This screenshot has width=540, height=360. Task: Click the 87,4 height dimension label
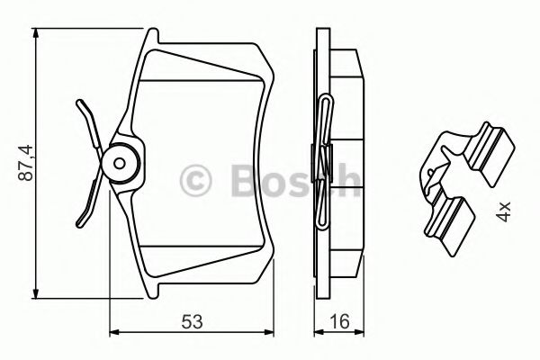(x=26, y=163)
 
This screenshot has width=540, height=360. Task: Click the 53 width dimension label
(x=193, y=322)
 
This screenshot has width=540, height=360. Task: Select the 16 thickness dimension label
(x=339, y=322)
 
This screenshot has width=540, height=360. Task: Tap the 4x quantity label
(x=503, y=211)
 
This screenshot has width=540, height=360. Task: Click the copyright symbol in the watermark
(x=195, y=181)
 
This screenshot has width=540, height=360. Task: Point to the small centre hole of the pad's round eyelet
(x=120, y=163)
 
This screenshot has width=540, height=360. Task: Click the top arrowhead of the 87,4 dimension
(x=36, y=34)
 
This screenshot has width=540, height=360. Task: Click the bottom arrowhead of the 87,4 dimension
(x=36, y=293)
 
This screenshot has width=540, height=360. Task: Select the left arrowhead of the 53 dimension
(x=114, y=332)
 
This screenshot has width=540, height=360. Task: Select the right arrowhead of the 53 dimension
(x=268, y=332)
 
